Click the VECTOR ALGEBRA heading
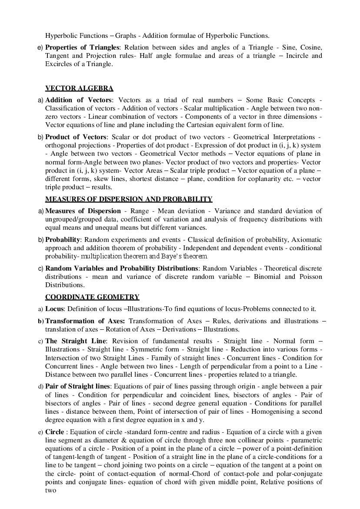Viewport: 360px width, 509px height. (79, 88)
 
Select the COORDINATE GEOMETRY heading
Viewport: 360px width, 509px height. (92, 297)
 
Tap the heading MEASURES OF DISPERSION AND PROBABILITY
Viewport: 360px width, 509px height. (129, 199)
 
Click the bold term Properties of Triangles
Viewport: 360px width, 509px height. (82, 47)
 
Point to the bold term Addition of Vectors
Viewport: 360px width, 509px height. (78, 100)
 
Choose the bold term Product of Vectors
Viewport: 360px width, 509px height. (75, 137)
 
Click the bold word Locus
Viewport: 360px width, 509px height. (54, 309)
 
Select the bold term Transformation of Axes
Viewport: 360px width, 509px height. (80, 321)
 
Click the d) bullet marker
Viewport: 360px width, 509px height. (40, 387)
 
